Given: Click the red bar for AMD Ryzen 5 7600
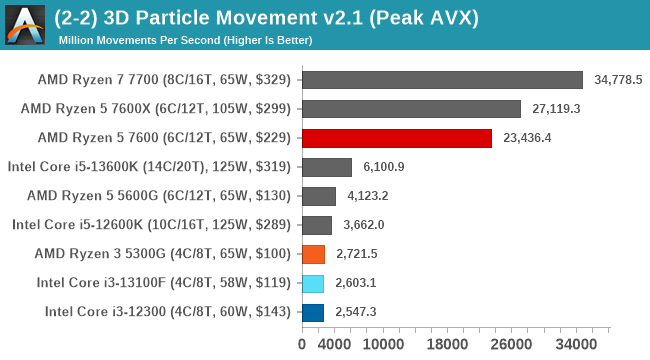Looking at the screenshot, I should coord(396,138).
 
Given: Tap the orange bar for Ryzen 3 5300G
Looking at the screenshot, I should coord(313,254).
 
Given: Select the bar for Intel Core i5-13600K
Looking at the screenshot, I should coord(326,167).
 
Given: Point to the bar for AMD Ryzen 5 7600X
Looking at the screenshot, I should coord(411,109).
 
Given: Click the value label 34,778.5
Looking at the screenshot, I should coord(618,80).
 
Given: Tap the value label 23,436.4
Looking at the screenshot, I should coord(527,138).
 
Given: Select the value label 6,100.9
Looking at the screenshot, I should coord(384,167).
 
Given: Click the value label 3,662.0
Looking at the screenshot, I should coord(364,225).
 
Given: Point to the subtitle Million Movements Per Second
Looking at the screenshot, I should coord(185,40).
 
